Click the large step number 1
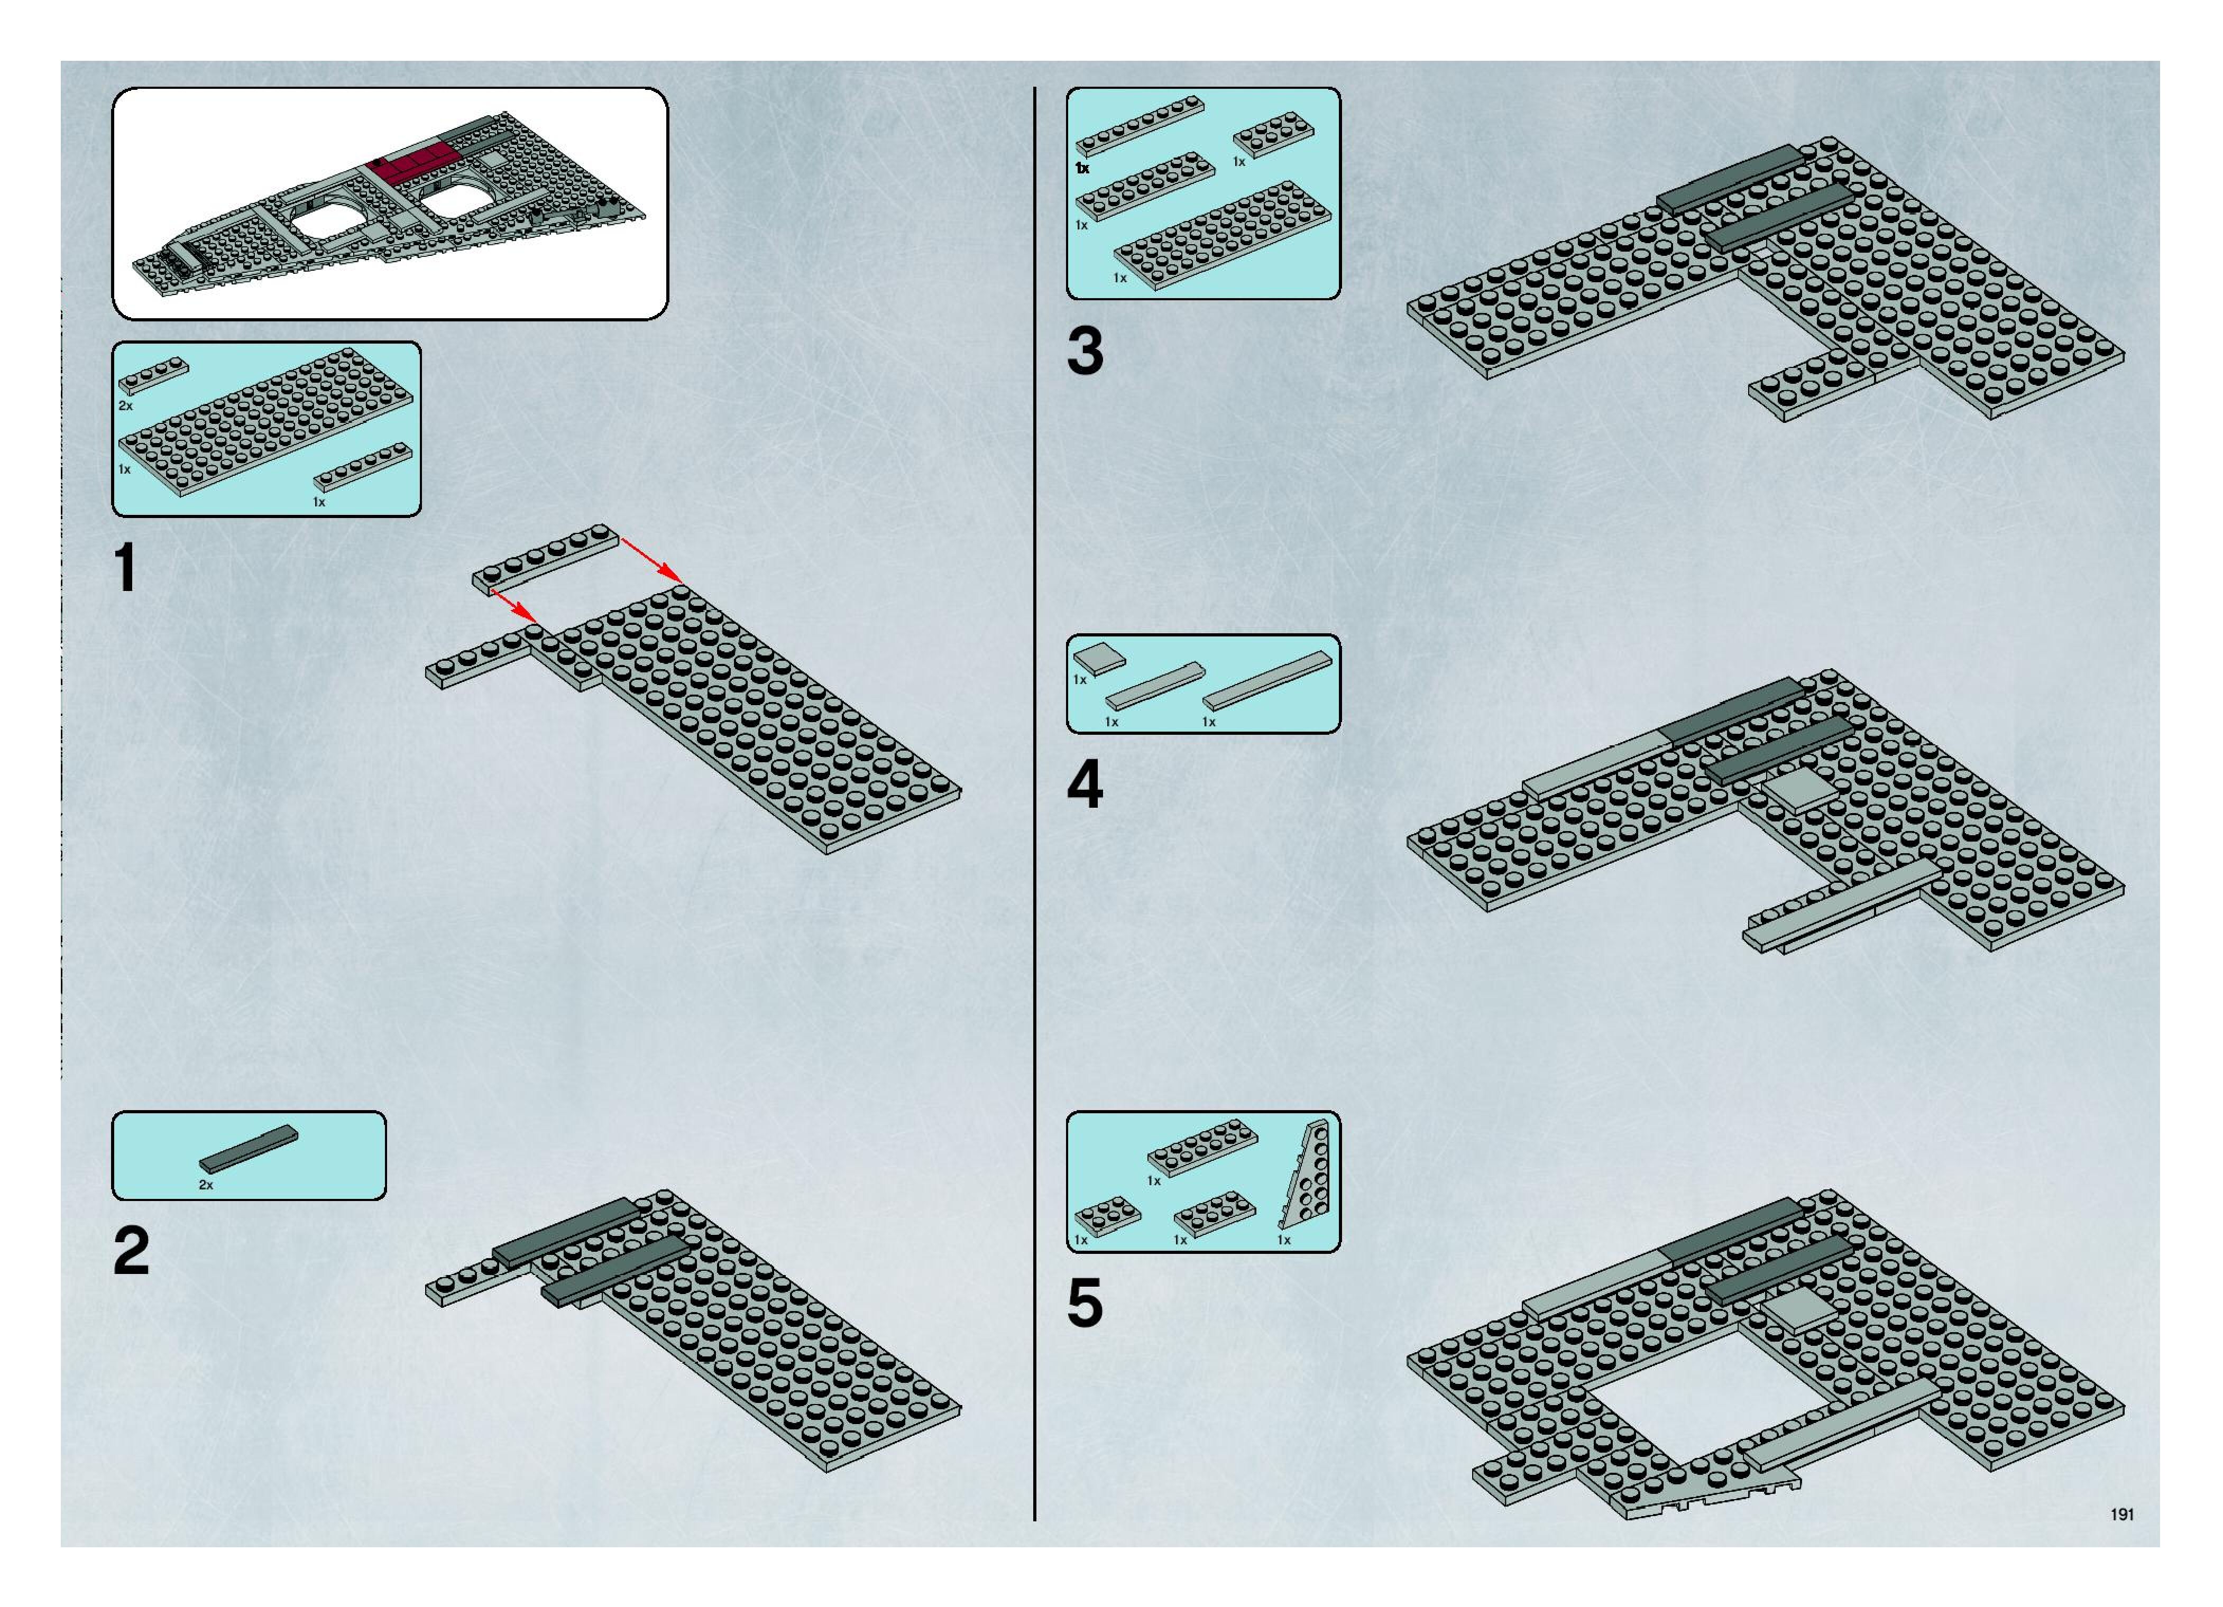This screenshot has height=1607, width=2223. (125, 568)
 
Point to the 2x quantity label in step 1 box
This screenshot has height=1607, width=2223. (125, 405)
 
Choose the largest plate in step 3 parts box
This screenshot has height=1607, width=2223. (1222, 235)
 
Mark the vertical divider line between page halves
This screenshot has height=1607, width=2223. (1035, 803)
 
